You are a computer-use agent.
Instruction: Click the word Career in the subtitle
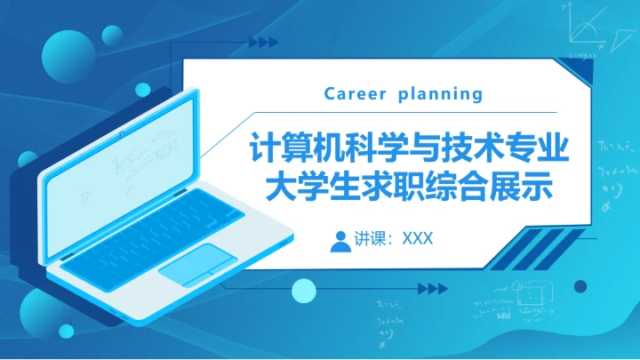(x=355, y=93)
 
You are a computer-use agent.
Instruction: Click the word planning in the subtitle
(x=441, y=94)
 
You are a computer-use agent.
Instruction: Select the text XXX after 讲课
(x=417, y=239)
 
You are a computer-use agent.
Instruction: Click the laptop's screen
(x=124, y=159)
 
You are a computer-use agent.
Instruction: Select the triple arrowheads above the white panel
(x=263, y=42)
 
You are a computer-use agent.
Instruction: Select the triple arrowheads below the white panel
(x=431, y=288)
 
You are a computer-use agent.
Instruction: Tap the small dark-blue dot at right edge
(x=580, y=286)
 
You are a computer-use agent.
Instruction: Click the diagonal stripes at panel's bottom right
(x=542, y=246)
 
